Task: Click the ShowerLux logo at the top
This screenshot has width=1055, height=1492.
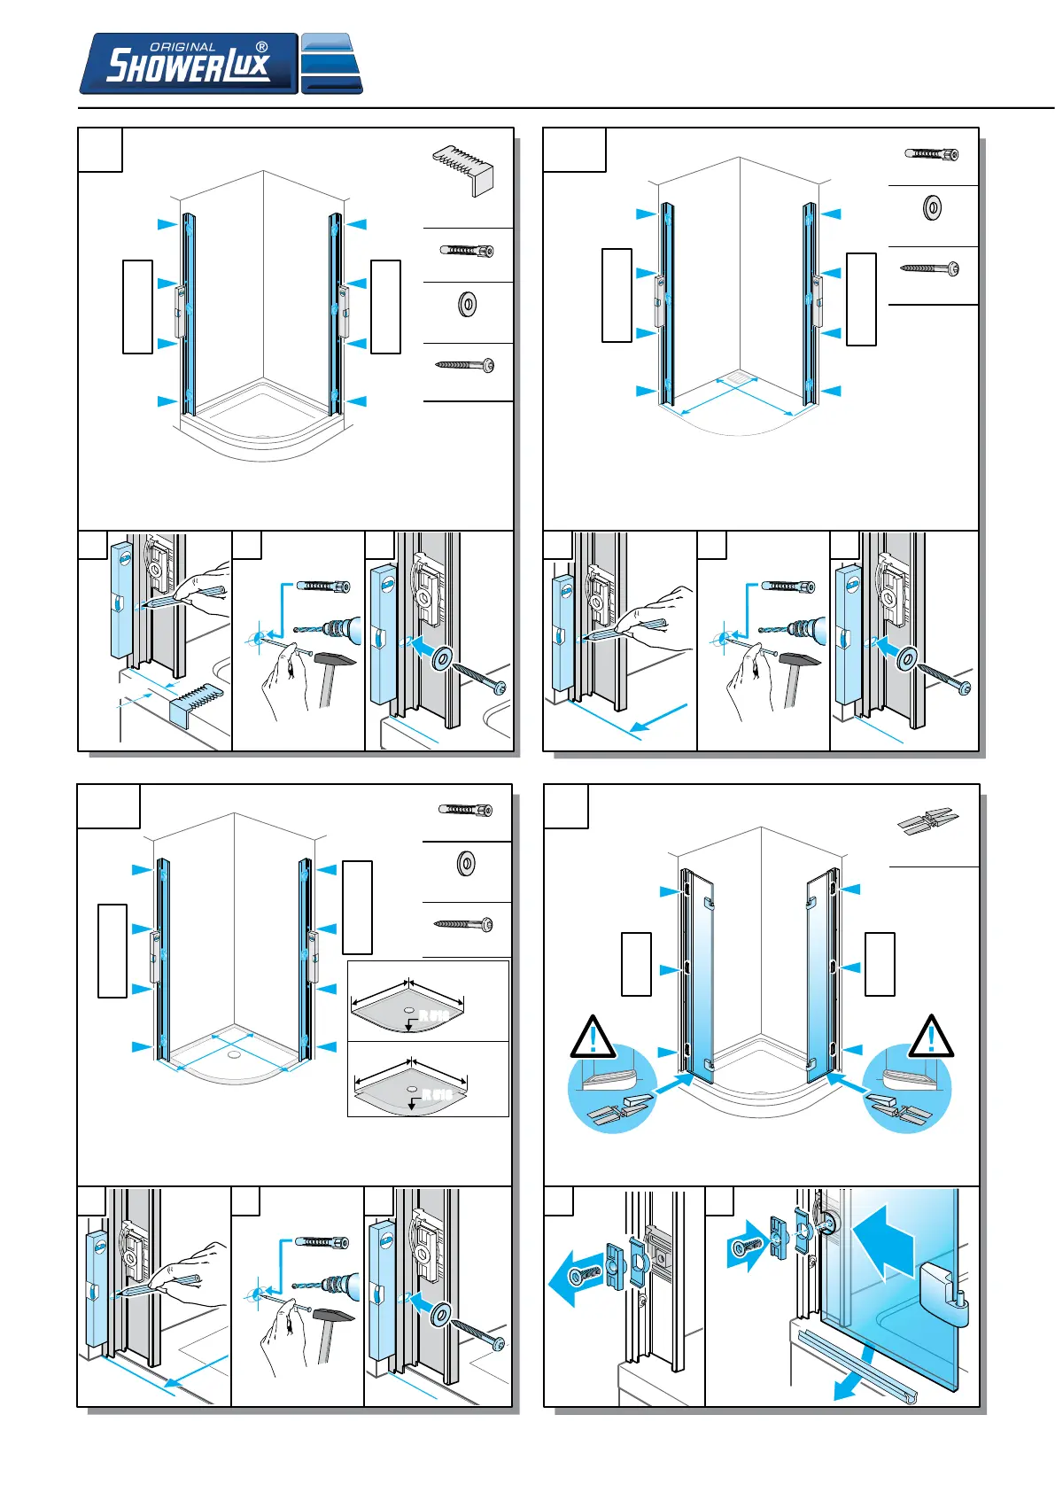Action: coord(188,64)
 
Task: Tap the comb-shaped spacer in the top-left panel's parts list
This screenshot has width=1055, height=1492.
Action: coord(462,168)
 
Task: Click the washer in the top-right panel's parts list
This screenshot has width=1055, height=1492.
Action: coord(932,209)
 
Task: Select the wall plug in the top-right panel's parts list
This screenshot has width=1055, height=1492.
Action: coord(931,154)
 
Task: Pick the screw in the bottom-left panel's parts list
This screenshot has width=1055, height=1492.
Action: coord(463,924)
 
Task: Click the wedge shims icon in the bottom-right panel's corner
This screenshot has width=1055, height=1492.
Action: coord(927,822)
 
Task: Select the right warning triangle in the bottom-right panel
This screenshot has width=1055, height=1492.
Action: coord(930,1037)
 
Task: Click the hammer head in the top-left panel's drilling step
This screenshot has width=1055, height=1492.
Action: coord(337,660)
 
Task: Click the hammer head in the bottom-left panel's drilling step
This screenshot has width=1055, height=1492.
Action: coord(335,1315)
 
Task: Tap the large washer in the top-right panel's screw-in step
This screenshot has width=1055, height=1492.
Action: coord(906,659)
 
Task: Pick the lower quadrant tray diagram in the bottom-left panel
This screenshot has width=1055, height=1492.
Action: coord(410,1086)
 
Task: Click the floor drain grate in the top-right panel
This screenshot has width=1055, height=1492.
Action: coord(737,378)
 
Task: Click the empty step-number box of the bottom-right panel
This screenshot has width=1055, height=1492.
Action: coord(566,806)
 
